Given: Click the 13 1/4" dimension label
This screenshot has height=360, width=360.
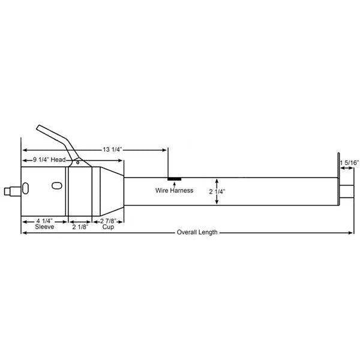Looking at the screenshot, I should click(113, 149).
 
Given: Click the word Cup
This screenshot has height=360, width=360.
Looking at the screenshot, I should click(108, 228).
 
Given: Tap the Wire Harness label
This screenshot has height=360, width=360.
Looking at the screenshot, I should click(174, 190).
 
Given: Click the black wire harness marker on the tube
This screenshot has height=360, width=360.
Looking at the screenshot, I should click(175, 178).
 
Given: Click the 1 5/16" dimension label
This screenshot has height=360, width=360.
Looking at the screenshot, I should click(349, 163).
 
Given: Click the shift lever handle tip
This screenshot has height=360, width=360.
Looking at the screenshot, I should click(40, 128).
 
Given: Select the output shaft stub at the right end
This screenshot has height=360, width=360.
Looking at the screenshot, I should click(346, 193).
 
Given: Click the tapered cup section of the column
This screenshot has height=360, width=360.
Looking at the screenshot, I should click(108, 192).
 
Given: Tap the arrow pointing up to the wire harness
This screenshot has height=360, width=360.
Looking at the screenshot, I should click(174, 184).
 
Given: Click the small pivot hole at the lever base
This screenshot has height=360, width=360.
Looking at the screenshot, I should click(77, 161).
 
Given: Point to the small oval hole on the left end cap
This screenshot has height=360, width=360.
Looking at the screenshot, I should click(26, 188).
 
